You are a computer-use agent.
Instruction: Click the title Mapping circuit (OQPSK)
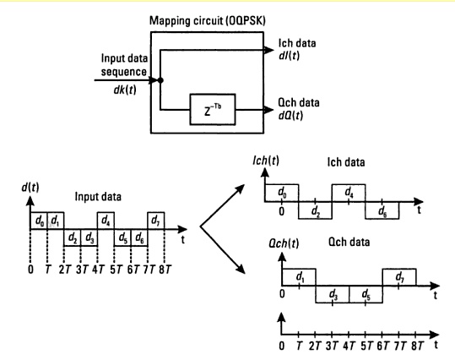coord(215,14)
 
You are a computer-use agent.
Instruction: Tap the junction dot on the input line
coord(161,82)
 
